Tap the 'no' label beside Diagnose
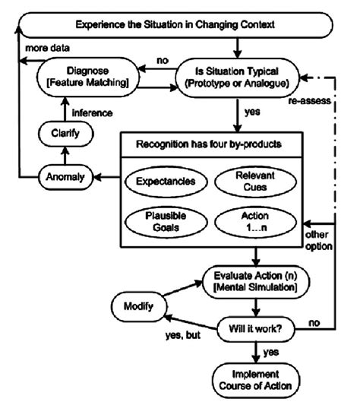(x=161, y=59)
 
